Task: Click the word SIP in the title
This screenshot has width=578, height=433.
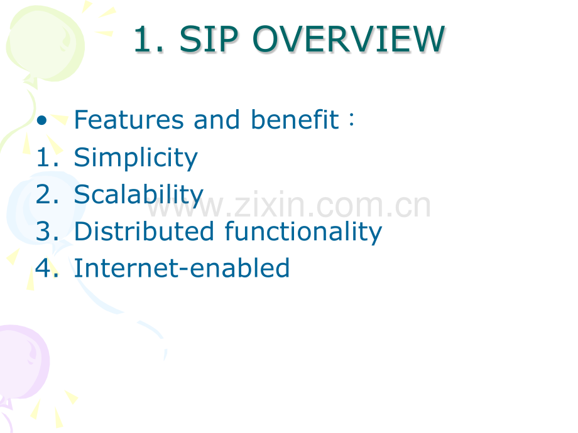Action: click(x=209, y=39)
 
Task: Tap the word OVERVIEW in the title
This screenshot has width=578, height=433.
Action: click(x=349, y=39)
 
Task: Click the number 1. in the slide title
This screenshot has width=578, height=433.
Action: click(x=148, y=40)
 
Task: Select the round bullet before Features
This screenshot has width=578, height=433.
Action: click(x=41, y=120)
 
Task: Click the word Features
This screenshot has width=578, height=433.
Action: click(x=129, y=120)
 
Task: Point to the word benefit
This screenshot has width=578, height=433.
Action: click(x=295, y=119)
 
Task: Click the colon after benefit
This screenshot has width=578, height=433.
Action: click(x=352, y=119)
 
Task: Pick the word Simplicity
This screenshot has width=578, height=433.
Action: click(x=136, y=158)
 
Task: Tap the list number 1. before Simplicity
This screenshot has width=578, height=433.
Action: click(x=47, y=158)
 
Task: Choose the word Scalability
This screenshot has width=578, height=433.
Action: click(x=139, y=195)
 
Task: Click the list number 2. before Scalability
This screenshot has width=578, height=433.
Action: click(x=47, y=195)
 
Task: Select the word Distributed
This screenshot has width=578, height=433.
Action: click(x=144, y=231)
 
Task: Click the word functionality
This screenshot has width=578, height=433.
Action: click(x=303, y=232)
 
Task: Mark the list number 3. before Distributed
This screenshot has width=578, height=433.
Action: click(x=47, y=232)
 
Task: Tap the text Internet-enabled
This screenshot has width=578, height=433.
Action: click(x=182, y=268)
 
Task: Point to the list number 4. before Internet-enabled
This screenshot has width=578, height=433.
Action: click(x=47, y=268)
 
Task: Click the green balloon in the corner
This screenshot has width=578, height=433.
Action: click(x=45, y=44)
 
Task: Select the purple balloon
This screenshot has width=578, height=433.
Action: click(x=22, y=363)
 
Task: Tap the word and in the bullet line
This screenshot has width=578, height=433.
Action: click(x=217, y=119)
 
